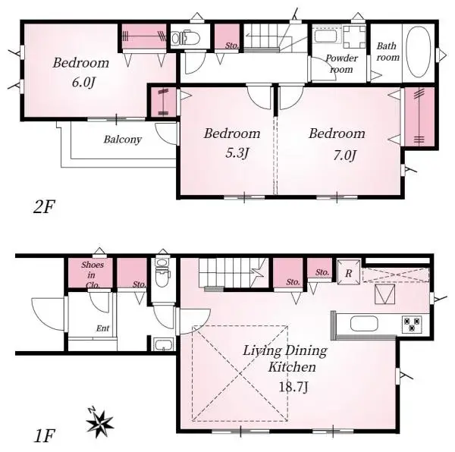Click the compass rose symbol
point(99,422)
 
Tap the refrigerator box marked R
point(347,272)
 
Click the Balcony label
point(123,140)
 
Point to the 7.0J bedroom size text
point(337,155)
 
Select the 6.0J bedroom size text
point(80,82)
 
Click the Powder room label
point(339,64)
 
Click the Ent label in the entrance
point(102,328)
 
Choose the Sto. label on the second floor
point(230,44)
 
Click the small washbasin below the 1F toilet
point(162,346)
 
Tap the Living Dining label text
point(285,350)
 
